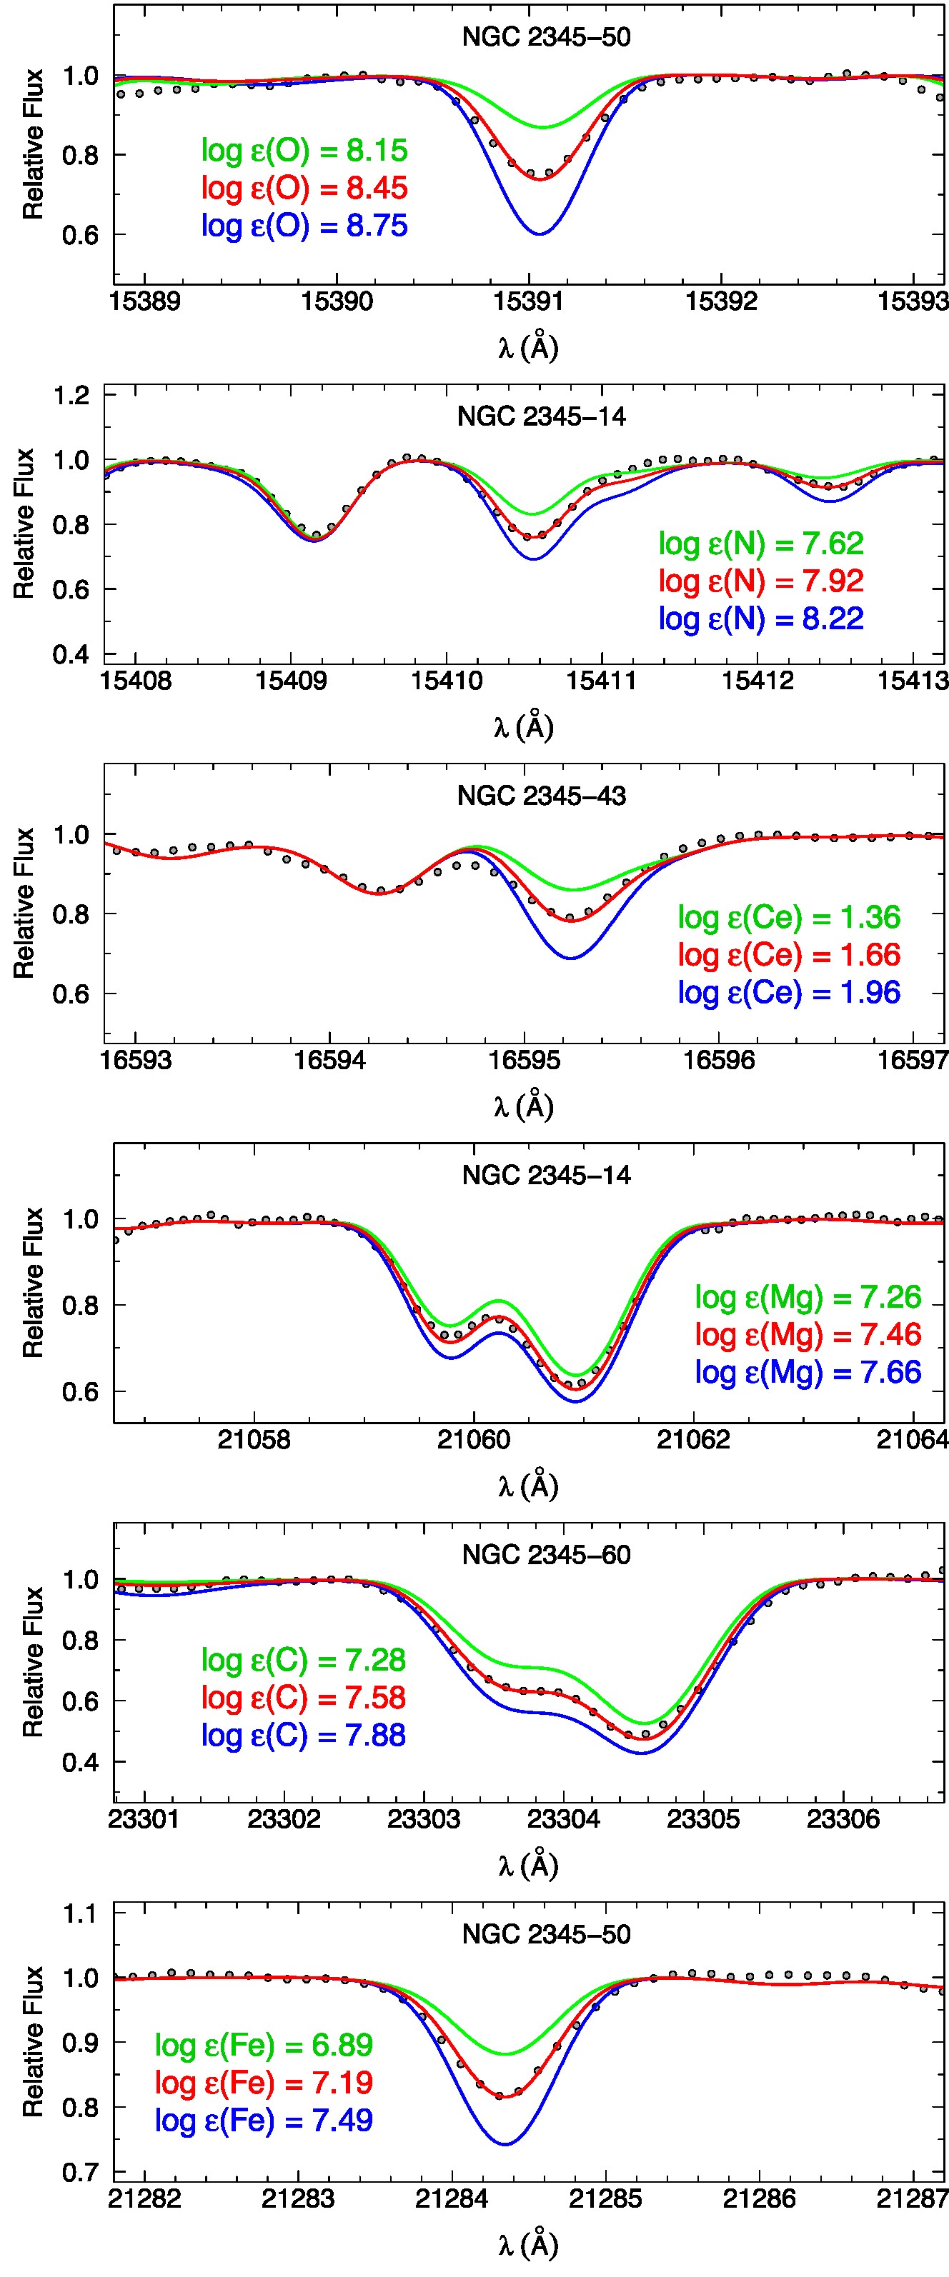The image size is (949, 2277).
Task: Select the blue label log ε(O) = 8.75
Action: (x=304, y=226)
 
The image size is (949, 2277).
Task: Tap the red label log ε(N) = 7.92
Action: (x=760, y=581)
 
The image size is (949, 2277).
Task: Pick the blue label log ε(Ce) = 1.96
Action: (x=789, y=992)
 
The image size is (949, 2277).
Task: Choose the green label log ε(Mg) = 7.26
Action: (x=808, y=1297)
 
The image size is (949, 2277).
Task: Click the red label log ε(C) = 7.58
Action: (x=304, y=1697)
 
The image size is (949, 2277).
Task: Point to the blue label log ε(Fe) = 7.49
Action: (x=264, y=2120)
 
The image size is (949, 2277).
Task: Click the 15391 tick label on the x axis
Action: (x=529, y=301)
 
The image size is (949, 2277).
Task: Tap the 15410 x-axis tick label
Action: (x=447, y=681)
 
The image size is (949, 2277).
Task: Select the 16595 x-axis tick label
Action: (x=525, y=1060)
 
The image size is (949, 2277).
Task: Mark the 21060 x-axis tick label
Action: (x=473, y=1439)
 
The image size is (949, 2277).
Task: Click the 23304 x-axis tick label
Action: (x=563, y=1818)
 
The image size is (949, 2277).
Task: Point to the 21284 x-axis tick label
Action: (x=452, y=2198)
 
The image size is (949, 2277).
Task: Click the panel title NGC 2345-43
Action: (x=541, y=796)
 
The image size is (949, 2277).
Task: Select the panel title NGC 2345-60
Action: (x=546, y=1555)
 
